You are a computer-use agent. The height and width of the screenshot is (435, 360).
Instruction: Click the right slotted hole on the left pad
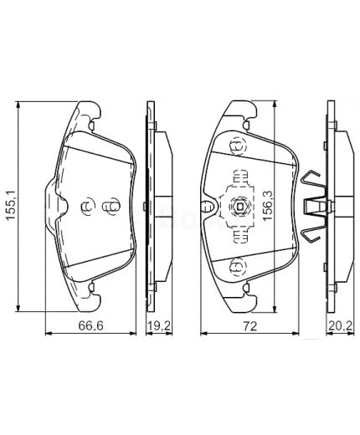click(107, 207)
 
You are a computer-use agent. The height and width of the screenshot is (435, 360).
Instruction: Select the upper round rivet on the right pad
click(235, 148)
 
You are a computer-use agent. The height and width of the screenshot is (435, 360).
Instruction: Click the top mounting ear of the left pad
click(89, 110)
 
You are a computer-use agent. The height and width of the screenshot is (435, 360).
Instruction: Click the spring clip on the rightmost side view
click(314, 204)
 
